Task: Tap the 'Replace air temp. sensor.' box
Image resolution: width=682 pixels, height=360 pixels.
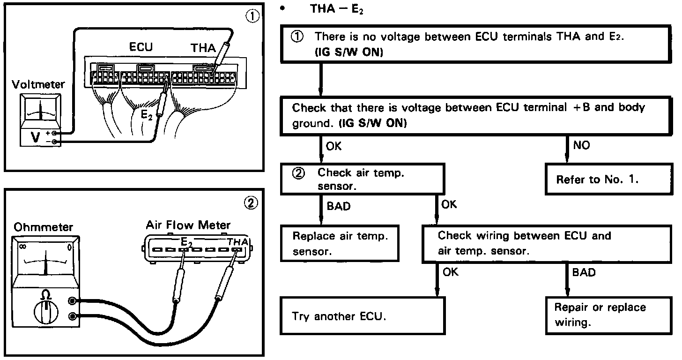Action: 340,243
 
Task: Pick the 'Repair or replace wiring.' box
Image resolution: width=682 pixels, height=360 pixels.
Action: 609,315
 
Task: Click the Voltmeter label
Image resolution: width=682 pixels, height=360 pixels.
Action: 38,85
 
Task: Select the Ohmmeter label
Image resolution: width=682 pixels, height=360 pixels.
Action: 43,227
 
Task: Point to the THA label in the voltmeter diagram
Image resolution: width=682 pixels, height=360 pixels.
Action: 203,48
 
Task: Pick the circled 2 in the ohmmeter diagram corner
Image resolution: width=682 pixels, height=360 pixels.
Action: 252,202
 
